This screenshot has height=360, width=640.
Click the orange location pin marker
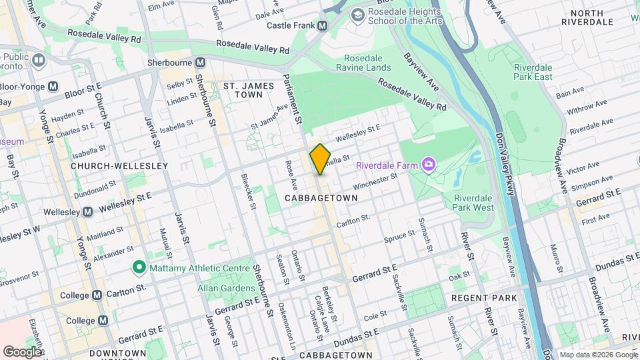click(x=320, y=159)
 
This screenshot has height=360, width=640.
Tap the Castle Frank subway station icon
click(x=323, y=25)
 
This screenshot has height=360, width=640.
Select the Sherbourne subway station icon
click(x=199, y=62)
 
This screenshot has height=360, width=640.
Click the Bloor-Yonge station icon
click(x=53, y=86)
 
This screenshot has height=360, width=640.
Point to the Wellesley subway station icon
click(x=87, y=212)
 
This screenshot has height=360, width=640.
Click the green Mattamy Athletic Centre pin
click(x=139, y=268)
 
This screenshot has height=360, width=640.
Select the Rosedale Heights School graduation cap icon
click(x=358, y=14)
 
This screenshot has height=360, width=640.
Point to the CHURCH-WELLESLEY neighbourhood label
click(x=109, y=165)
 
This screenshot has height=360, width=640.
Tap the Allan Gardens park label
click(x=226, y=288)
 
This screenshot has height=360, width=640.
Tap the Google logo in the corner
click(x=22, y=351)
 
